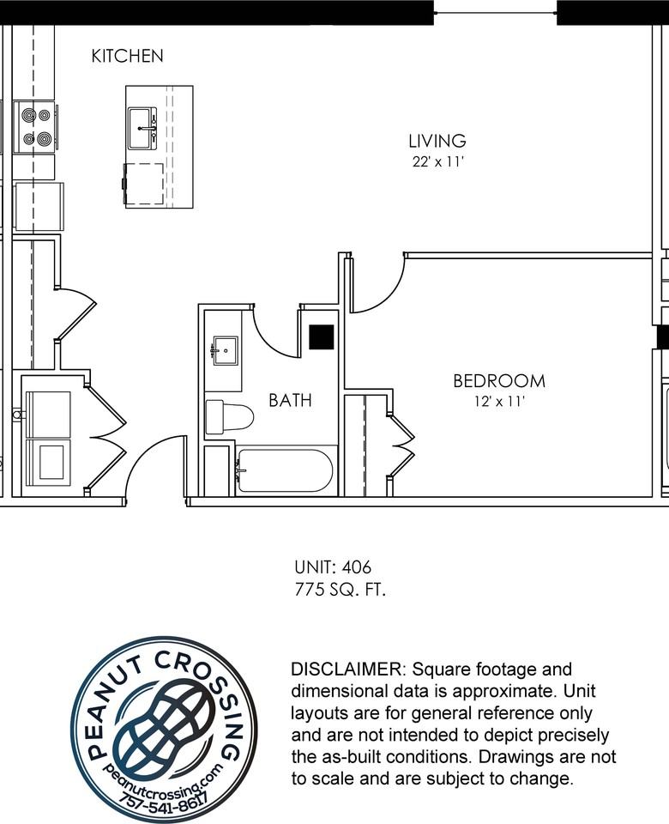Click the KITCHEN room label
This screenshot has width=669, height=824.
coord(127,57)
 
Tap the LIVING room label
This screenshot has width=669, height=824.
coord(437,141)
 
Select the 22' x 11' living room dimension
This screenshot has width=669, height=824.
coord(438,161)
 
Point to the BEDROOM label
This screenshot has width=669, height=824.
coord(498,381)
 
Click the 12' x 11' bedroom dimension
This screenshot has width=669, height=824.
coord(498,401)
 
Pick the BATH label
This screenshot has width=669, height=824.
coord(290,400)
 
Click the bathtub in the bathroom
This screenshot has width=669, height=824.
coord(285,471)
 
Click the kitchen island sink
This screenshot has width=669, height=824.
coord(142,128)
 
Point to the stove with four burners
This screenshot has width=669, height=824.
coord(35,126)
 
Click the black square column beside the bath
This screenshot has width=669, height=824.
coord(321,336)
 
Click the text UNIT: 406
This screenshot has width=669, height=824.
coord(333,567)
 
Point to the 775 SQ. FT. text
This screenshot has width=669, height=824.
coord(341,590)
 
